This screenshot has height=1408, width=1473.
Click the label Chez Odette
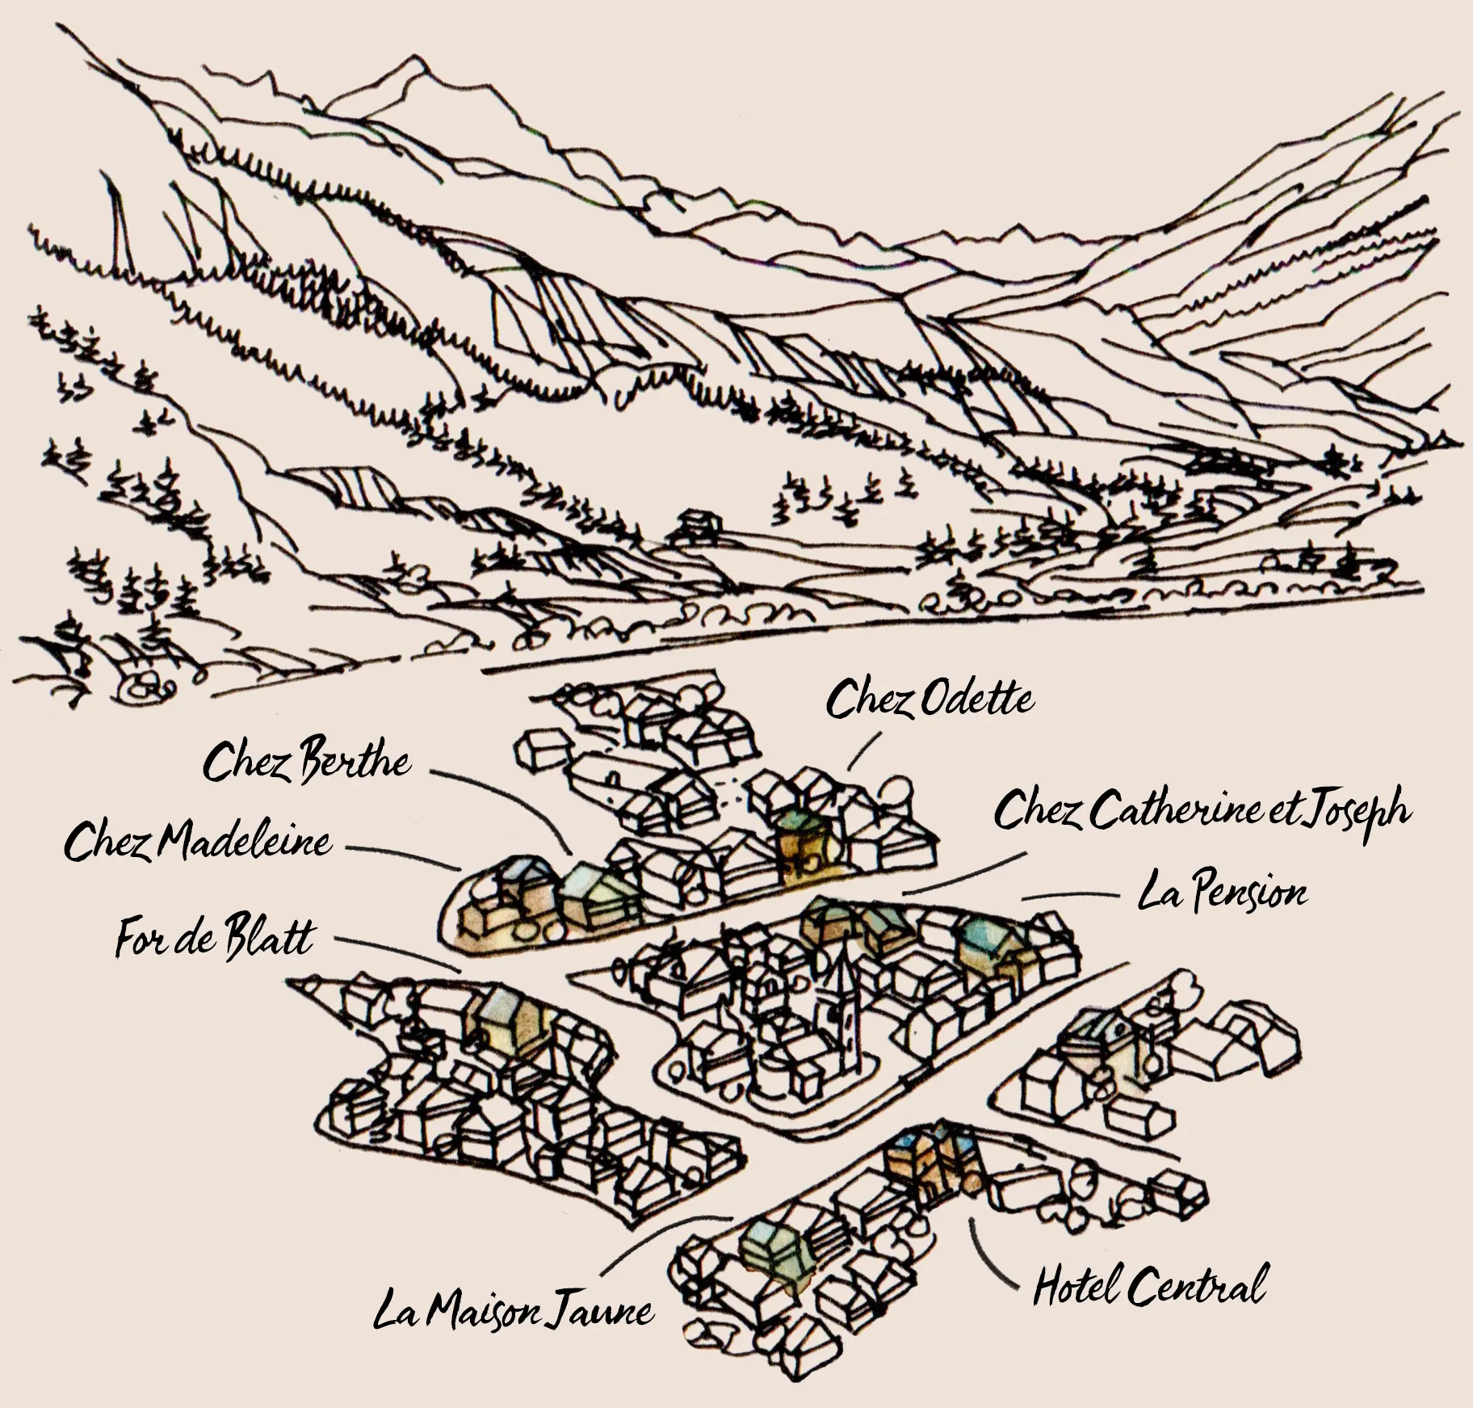929,700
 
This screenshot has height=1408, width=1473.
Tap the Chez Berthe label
306,763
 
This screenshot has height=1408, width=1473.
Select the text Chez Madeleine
198,843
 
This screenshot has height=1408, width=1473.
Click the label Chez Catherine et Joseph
1202,811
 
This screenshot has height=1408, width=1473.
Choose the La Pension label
1221,893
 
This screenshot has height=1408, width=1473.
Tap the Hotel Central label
1149,1287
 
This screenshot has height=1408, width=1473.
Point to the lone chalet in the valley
696,525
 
